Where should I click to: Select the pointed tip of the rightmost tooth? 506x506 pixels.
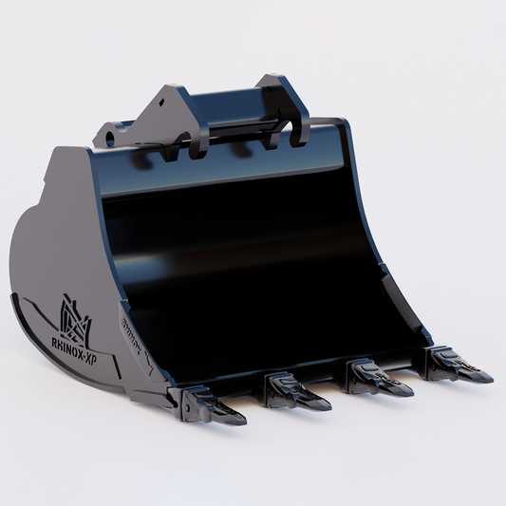pos(490,378)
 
